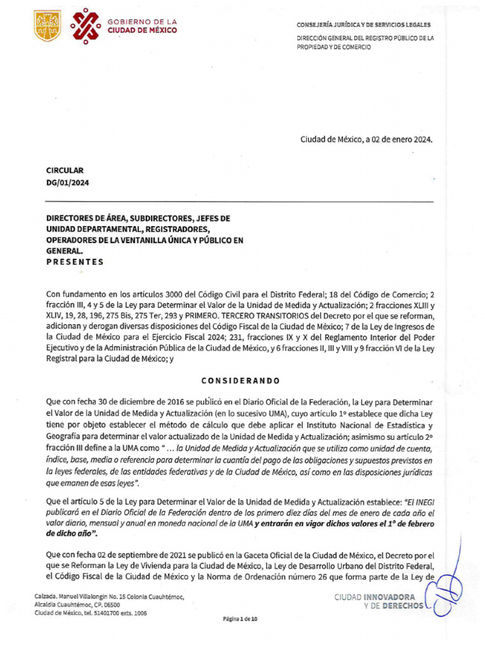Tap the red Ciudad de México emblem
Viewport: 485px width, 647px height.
(x=85, y=26)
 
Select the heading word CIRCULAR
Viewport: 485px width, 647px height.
(x=65, y=171)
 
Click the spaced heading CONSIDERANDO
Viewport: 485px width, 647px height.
(x=240, y=380)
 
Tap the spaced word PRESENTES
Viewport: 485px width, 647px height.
(x=75, y=262)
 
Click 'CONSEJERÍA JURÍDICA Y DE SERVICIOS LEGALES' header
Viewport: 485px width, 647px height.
(x=364, y=25)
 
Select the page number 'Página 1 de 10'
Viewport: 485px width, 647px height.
(x=240, y=620)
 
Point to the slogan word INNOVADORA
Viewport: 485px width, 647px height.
(x=392, y=596)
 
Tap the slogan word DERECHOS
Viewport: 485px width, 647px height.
(x=402, y=605)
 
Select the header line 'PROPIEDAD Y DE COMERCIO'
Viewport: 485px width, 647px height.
(x=334, y=47)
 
